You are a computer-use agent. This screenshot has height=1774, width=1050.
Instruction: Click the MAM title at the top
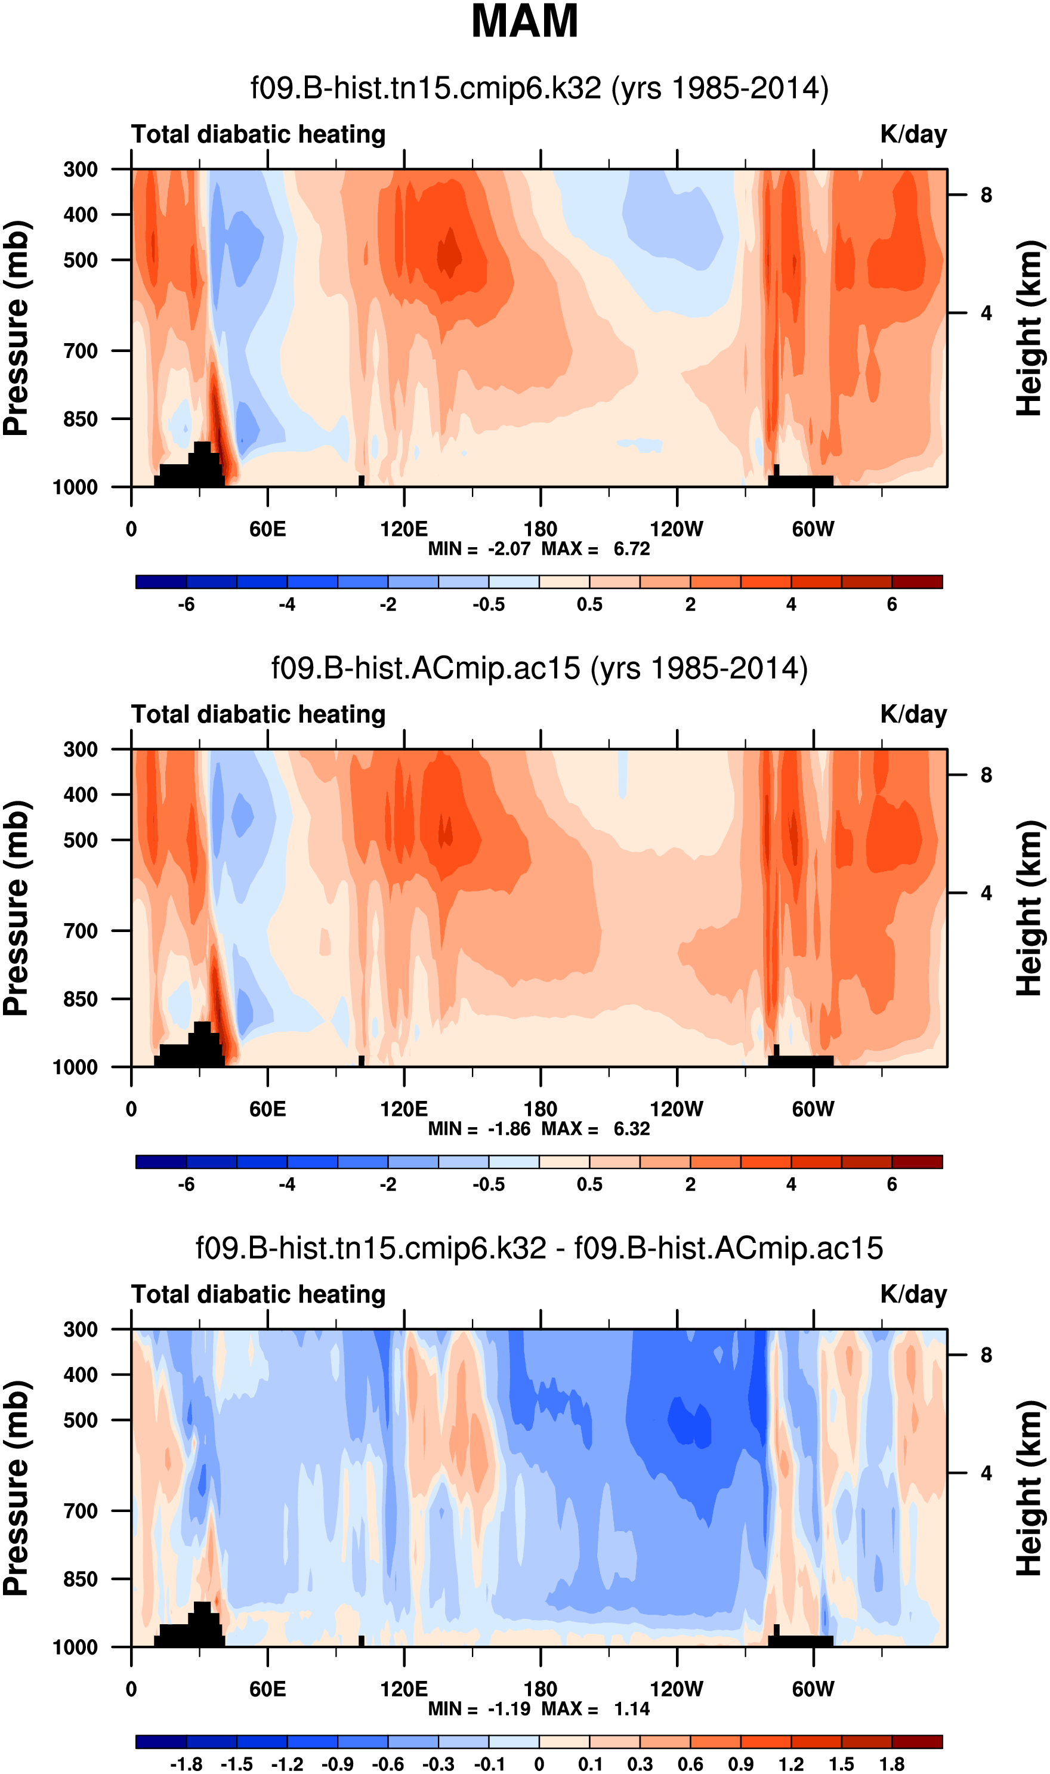coord(524,21)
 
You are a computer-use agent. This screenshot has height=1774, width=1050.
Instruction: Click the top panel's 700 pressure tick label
coord(81,350)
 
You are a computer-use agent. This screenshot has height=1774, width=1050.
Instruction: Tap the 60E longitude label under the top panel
coord(267,529)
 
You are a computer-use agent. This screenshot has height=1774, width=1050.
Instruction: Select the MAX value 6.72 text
coord(631,549)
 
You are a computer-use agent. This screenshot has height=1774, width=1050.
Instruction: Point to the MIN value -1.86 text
coord(509,1128)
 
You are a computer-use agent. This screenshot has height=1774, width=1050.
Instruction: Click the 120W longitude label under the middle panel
coord(677,1109)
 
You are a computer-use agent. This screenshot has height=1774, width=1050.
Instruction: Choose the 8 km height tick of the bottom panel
coord(986,1355)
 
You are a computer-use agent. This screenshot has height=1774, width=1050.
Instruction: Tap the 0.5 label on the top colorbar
coord(589,604)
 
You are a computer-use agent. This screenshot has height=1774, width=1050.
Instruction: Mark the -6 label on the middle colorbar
coord(186,1184)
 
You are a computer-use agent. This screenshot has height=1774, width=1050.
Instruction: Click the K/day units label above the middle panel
coord(913,714)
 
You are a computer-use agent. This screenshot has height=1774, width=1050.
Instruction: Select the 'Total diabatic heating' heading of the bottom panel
coord(258,1294)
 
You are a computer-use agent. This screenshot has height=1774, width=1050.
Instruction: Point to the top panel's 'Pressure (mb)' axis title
coord(16,328)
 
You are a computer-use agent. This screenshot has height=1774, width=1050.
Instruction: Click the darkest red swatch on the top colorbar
coord(917,582)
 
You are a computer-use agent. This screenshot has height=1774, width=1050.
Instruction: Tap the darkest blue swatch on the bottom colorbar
coord(160,1741)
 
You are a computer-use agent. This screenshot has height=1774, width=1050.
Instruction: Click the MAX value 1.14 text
coord(631,1709)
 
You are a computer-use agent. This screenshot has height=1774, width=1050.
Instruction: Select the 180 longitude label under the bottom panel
coord(541,1689)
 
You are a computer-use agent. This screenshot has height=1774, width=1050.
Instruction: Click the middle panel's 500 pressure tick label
coord(81,840)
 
